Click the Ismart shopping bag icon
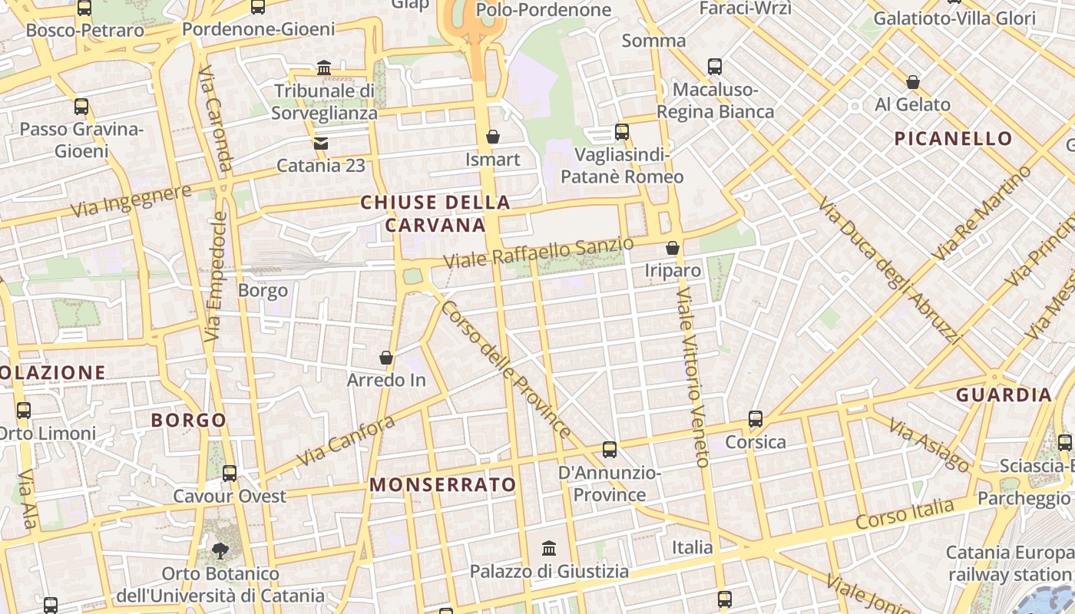(x=493, y=137)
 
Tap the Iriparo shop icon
(x=673, y=248)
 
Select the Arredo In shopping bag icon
(x=386, y=358)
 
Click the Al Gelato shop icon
(x=913, y=82)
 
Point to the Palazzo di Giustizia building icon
(x=549, y=549)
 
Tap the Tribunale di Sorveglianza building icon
(x=324, y=68)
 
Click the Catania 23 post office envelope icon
(x=320, y=143)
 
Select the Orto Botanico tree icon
(x=220, y=550)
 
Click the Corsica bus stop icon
(x=756, y=419)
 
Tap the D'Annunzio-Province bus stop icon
(x=610, y=450)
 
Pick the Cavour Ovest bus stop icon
(x=230, y=474)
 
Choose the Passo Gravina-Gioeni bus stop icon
(x=81, y=107)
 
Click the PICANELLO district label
(x=954, y=139)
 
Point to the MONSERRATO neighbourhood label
(x=443, y=485)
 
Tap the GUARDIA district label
(x=1004, y=395)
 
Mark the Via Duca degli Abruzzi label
(x=890, y=270)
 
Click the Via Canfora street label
(x=346, y=441)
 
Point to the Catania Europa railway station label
(x=1009, y=563)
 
